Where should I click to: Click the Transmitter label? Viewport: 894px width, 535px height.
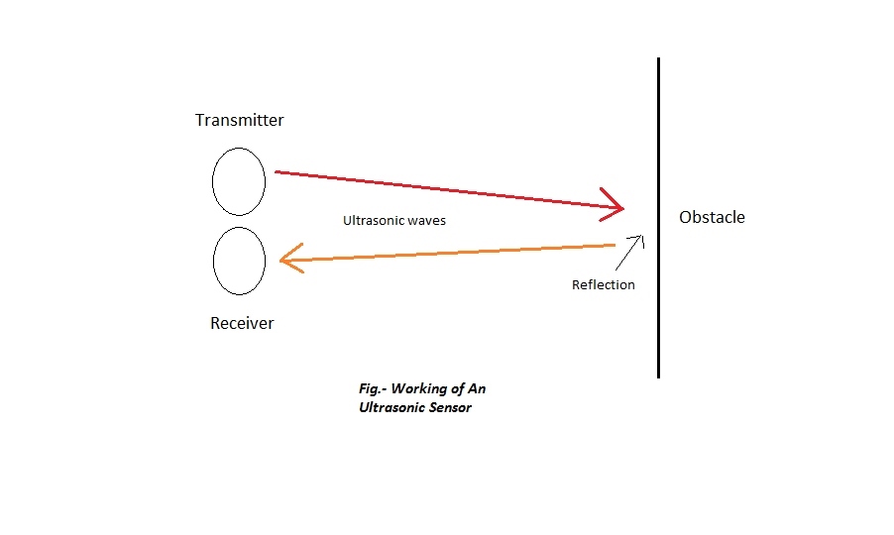239,121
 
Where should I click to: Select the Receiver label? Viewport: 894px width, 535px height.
242,323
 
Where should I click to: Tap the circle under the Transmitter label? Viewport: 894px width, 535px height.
239,181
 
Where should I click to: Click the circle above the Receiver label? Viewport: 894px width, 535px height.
239,261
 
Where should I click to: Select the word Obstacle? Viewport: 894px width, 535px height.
712,217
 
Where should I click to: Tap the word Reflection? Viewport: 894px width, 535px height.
603,284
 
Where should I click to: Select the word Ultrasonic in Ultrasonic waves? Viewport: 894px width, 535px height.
374,221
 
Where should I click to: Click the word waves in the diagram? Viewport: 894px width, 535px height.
426,221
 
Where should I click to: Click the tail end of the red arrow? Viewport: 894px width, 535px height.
278,172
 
